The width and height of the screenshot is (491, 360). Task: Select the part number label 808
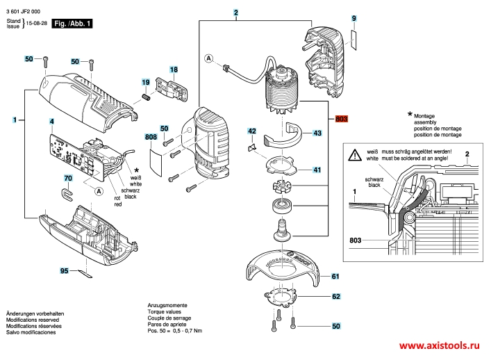[x=150, y=138]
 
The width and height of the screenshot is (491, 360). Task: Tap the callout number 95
[x=65, y=270]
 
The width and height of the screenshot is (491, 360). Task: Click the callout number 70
[x=67, y=179]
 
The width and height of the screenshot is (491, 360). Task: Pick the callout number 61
[x=335, y=276]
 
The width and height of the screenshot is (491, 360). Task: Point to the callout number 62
[x=335, y=297]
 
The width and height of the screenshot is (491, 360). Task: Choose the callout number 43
[x=317, y=132]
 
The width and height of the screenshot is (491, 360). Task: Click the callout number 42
[x=252, y=131]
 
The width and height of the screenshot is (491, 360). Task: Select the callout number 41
[x=317, y=170]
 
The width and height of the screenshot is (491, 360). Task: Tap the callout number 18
[x=174, y=69]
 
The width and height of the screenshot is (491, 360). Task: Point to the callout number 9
[x=353, y=17]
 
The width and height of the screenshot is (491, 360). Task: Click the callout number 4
[x=51, y=122]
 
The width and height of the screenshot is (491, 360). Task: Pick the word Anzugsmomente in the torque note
[x=166, y=305]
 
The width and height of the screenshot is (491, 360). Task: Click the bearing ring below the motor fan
[x=283, y=206]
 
